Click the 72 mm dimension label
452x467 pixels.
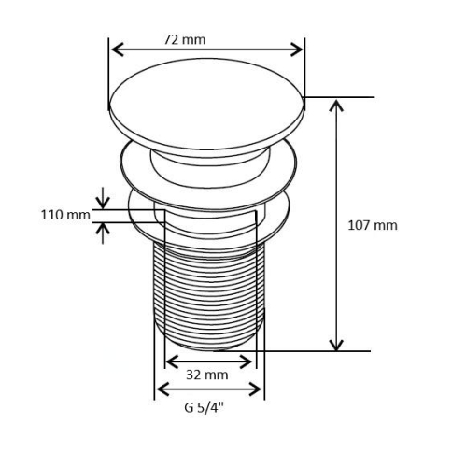pos(185,40)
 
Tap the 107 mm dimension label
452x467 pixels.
pos(373,225)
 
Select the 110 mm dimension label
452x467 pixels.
pos(65,215)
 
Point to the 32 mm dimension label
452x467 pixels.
pos(207,375)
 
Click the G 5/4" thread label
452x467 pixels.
pos(204,407)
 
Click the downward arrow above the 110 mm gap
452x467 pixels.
pos(103,198)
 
